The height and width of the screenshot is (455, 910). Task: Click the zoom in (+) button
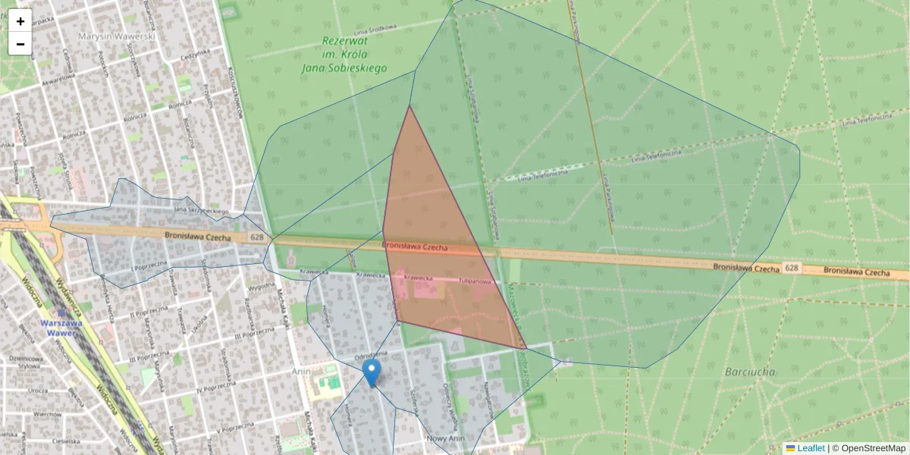click(x=20, y=21)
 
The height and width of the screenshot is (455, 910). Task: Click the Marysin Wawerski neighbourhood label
click(x=118, y=36)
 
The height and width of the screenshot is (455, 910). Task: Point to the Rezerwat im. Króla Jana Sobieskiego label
click(x=354, y=55)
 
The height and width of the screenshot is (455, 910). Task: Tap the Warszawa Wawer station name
click(x=61, y=328)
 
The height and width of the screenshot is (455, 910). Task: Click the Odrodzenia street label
click(x=372, y=355)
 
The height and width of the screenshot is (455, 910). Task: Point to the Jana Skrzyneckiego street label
click(x=201, y=210)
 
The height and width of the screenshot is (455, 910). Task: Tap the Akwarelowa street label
click(x=58, y=77)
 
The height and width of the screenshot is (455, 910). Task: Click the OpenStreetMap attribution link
click(x=872, y=448)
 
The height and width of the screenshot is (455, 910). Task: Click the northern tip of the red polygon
click(x=409, y=106)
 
